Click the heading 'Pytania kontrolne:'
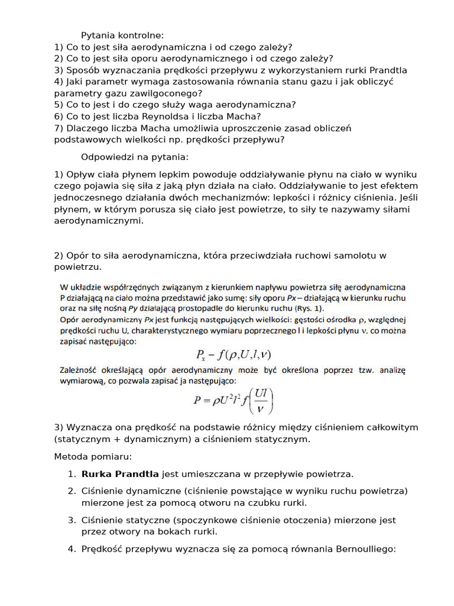[122, 35]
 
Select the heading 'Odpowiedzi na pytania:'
[134, 157]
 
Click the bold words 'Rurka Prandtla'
[120, 474]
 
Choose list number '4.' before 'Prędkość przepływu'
[72, 549]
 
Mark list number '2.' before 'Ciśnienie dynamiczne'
[72, 491]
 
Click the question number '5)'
[58, 105]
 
